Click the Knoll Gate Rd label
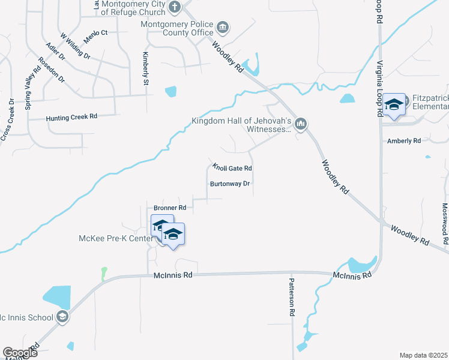coord(232,168)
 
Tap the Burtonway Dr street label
coord(229,184)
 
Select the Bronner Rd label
coord(170,208)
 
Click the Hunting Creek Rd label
coord(71,118)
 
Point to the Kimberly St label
coord(145,68)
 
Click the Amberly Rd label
coord(404,141)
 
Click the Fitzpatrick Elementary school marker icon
coord(394,105)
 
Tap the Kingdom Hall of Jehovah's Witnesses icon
coord(301,124)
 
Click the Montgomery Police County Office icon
coord(223,28)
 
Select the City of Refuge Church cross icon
coord(175,8)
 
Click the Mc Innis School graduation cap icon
coord(62,317)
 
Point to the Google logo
coord(20,353)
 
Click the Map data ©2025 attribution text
coord(423,355)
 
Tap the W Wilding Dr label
coord(74,46)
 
